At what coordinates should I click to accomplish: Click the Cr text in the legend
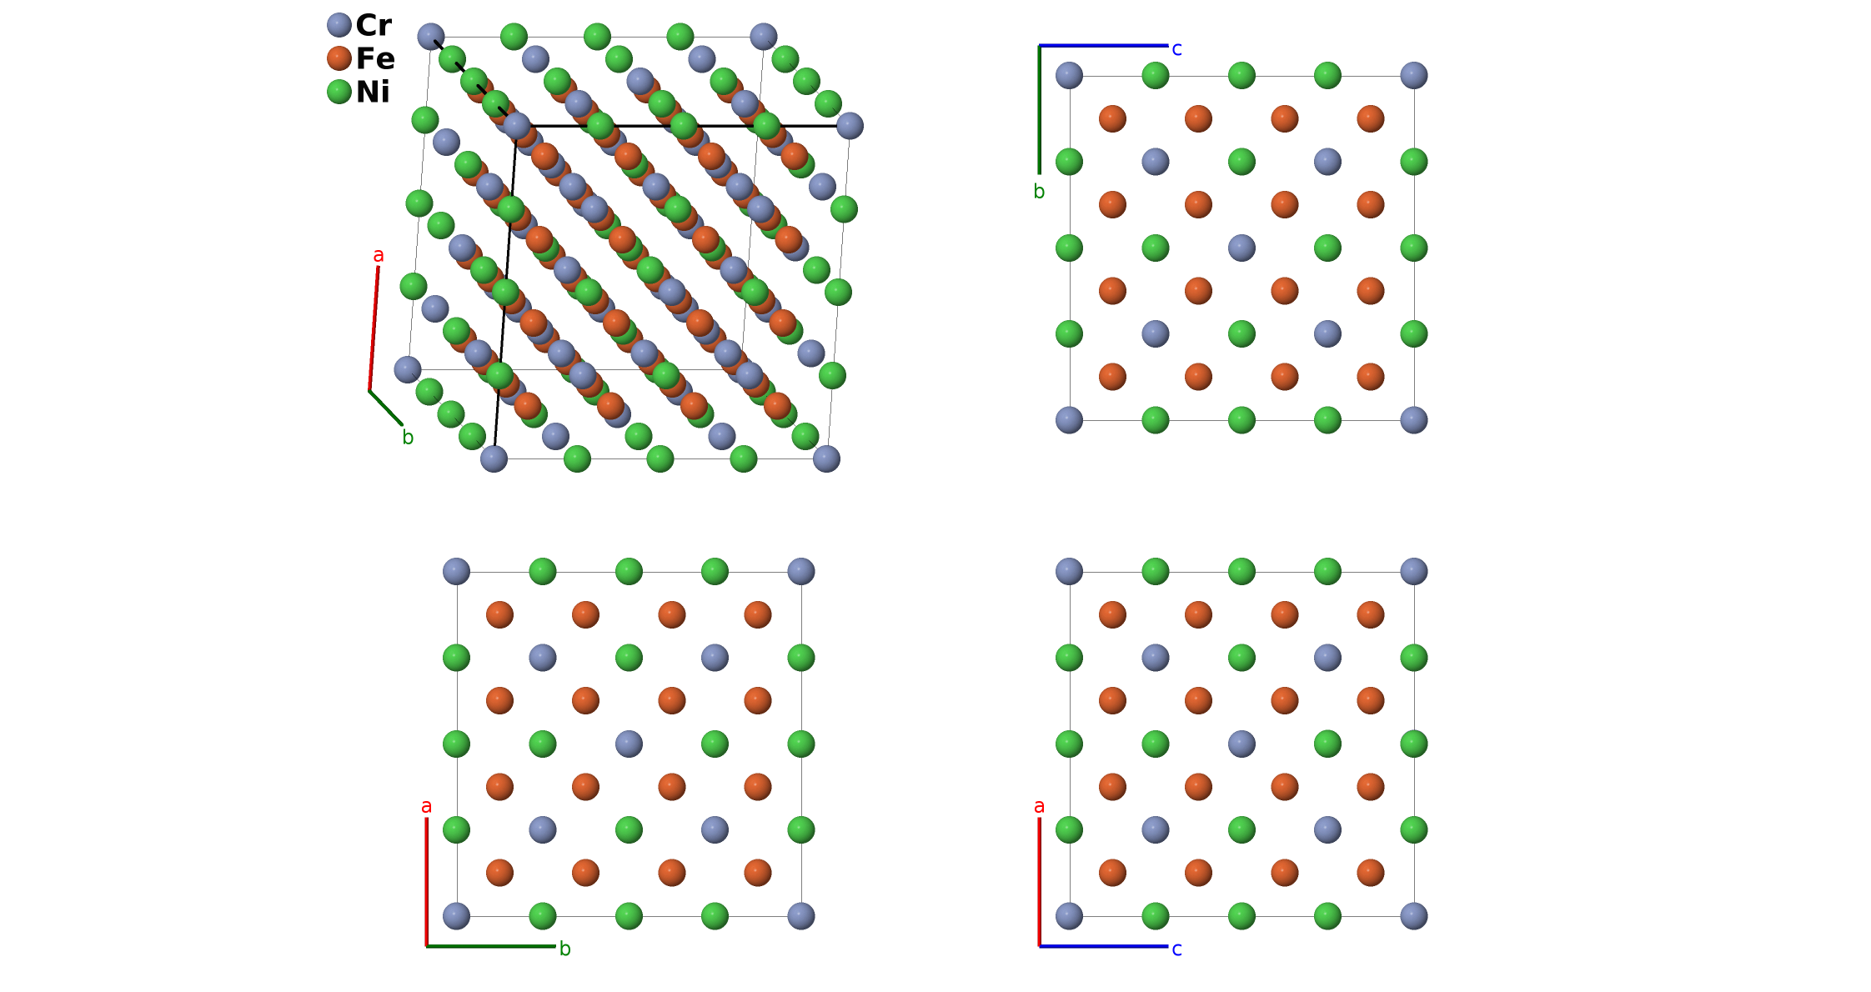click(x=374, y=25)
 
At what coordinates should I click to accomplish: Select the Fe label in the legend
click(x=375, y=58)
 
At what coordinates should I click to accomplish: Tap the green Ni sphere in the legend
click(x=339, y=92)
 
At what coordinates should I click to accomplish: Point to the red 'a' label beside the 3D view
click(x=379, y=255)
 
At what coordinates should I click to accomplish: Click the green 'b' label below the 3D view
click(x=408, y=437)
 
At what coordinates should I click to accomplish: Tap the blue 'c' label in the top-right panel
click(x=1176, y=49)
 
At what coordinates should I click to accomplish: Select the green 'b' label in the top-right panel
click(x=1039, y=192)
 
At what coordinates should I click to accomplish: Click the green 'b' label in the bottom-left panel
click(x=564, y=949)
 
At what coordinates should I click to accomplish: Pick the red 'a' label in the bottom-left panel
click(x=426, y=806)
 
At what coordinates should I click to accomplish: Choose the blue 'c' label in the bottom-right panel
click(x=1176, y=949)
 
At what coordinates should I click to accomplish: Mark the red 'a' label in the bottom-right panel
click(x=1039, y=806)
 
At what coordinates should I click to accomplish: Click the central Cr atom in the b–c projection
click(x=1241, y=248)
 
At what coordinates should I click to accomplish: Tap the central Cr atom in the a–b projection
click(x=629, y=744)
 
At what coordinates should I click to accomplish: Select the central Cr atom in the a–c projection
click(x=1241, y=744)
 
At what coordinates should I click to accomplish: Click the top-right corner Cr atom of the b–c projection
click(x=1414, y=75)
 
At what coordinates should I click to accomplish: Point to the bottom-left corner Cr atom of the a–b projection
click(x=456, y=916)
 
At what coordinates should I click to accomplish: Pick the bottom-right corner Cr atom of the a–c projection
click(x=1414, y=916)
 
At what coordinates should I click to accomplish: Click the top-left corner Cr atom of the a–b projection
click(x=456, y=571)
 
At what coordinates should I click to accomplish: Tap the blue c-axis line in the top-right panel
click(x=1103, y=46)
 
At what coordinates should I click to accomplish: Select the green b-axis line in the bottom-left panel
click(x=490, y=946)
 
